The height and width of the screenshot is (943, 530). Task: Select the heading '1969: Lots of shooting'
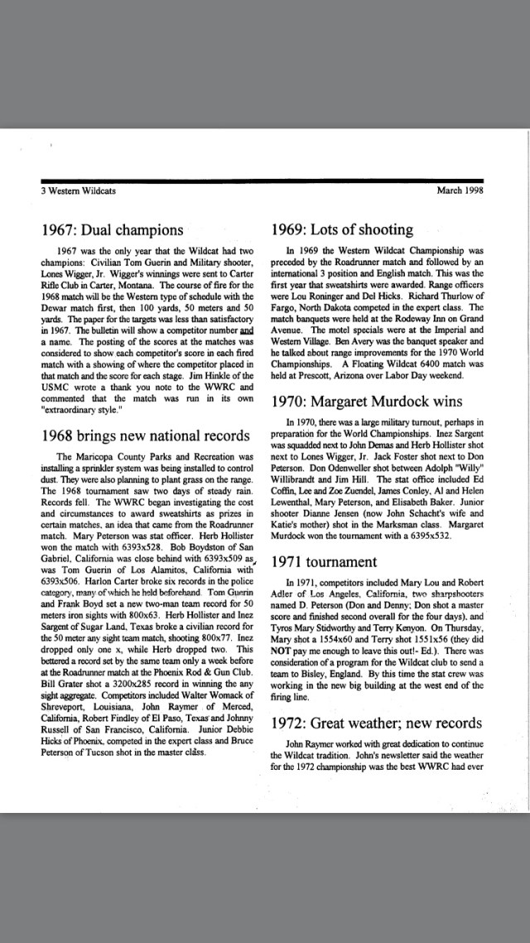coord(342,229)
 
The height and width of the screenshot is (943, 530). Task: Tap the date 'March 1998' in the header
coord(460,190)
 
